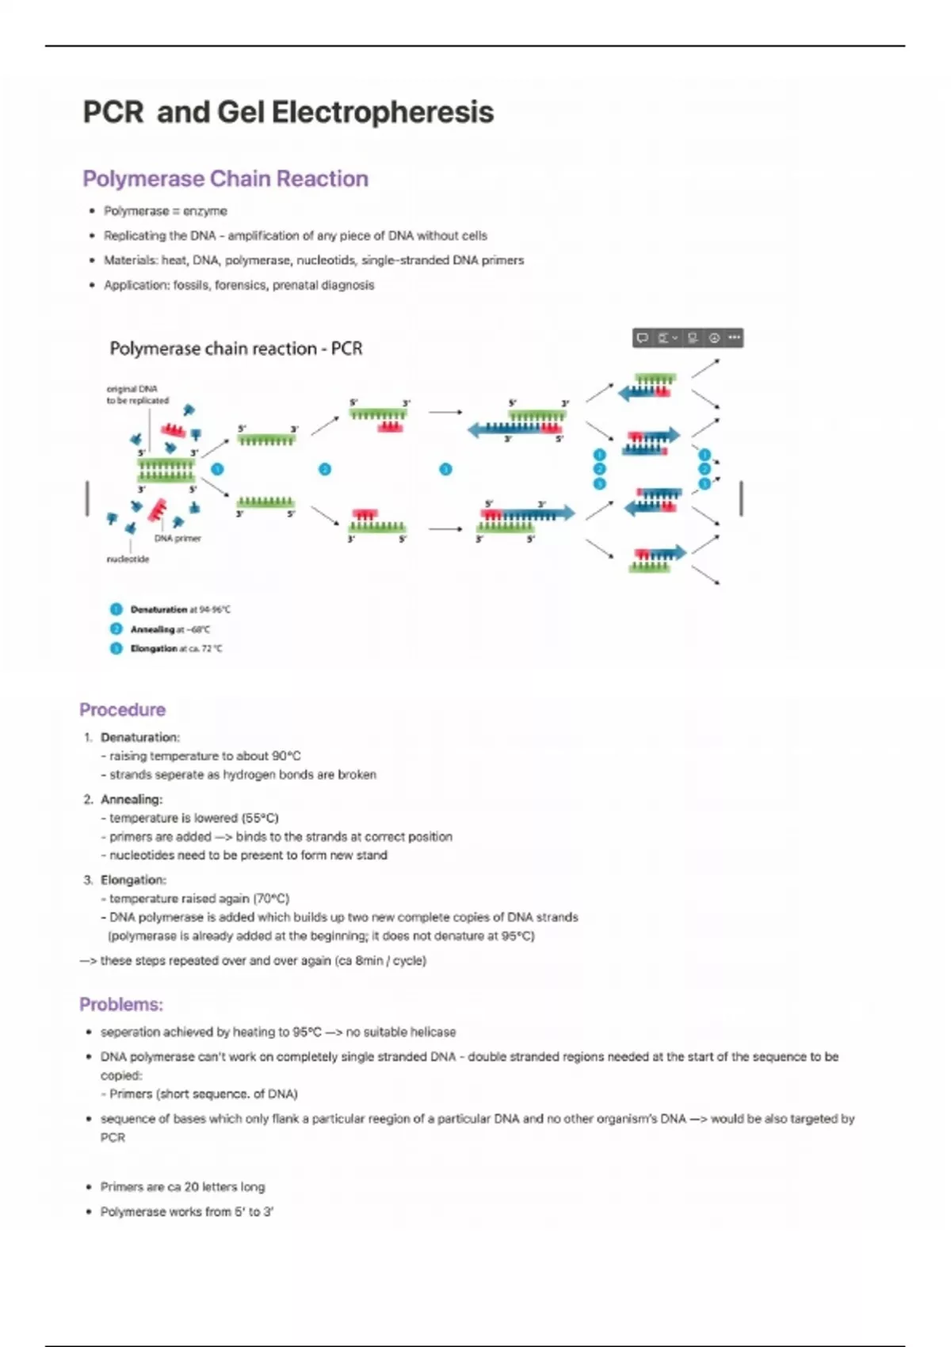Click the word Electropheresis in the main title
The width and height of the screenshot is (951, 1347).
[383, 112]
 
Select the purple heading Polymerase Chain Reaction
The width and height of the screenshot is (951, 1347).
[225, 179]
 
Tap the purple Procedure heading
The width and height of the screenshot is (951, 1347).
[123, 709]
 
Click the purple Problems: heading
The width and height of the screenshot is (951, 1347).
[121, 1005]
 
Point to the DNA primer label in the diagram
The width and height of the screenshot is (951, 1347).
[178, 538]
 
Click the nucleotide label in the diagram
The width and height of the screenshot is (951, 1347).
[128, 559]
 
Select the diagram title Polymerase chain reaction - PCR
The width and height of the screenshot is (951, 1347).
[235, 349]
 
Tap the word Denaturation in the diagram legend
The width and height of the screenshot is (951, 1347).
[158, 609]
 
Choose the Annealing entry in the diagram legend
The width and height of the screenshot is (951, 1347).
[152, 629]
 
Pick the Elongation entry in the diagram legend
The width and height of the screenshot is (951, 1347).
[154, 648]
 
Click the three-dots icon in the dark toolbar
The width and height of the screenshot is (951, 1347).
[735, 338]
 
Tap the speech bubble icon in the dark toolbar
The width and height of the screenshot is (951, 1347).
[643, 338]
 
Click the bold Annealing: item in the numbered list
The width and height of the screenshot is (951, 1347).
[132, 799]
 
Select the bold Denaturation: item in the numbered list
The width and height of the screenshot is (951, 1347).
[140, 737]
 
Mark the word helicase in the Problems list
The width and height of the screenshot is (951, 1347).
[433, 1032]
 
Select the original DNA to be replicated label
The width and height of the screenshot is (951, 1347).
[137, 395]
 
